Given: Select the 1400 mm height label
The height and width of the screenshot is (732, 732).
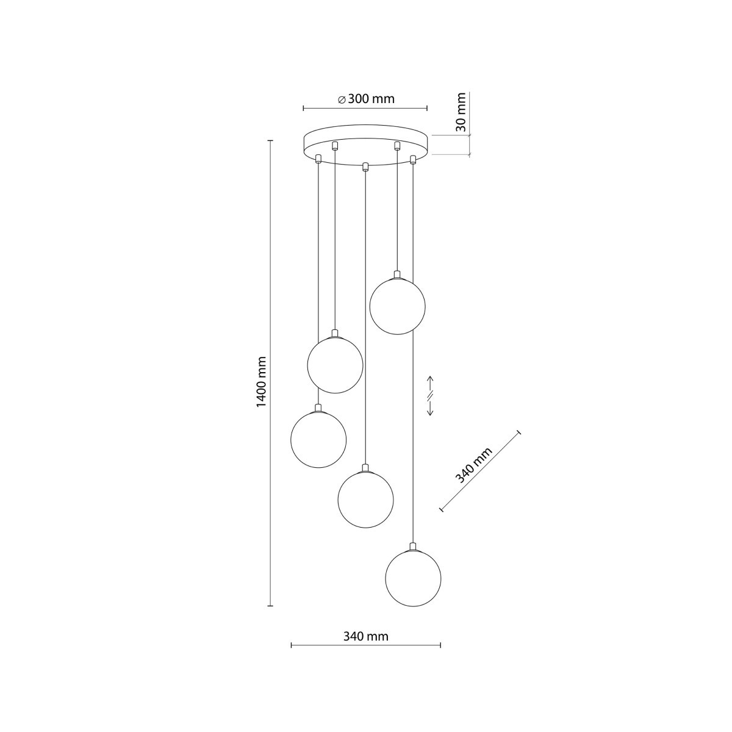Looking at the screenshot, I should [x=261, y=382].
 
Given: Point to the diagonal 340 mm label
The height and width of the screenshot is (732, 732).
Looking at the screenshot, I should [x=475, y=465].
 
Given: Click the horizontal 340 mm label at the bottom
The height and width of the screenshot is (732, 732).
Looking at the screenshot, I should [x=366, y=636].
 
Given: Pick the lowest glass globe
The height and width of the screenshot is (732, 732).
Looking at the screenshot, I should [x=414, y=578].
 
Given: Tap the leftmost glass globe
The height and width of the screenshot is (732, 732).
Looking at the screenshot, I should [x=318, y=439].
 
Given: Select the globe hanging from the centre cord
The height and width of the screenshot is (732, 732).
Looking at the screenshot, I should [x=365, y=500].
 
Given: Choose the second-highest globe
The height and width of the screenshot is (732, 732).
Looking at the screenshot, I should [x=335, y=365].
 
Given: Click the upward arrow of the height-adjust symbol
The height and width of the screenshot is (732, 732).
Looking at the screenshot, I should [x=430, y=383].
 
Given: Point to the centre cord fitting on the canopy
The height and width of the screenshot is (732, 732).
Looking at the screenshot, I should [x=365, y=167].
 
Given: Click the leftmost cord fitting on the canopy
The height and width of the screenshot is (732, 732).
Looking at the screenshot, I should [x=318, y=159].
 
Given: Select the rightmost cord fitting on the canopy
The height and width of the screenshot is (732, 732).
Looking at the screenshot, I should [x=413, y=159].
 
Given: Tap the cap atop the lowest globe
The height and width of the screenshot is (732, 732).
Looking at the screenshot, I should [x=414, y=547].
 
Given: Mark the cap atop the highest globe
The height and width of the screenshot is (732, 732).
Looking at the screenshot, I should [x=398, y=274].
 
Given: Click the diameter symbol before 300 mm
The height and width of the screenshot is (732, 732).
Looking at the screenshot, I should [x=342, y=99].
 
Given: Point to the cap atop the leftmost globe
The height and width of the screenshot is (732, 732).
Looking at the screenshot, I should [x=318, y=407].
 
